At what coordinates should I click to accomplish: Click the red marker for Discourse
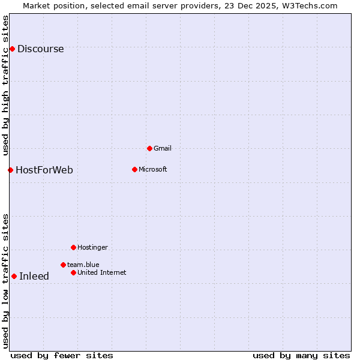click(x=12, y=49)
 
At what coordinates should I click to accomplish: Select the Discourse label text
click(x=40, y=49)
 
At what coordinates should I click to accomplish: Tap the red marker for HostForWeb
click(x=10, y=170)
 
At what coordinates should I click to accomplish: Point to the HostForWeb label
click(x=44, y=170)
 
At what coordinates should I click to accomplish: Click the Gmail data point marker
click(x=149, y=148)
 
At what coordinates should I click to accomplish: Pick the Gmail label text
click(x=163, y=148)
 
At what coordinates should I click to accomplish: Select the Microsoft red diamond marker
click(x=134, y=169)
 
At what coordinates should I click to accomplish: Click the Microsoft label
click(x=153, y=169)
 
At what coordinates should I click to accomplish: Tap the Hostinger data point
click(x=73, y=247)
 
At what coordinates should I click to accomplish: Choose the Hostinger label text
click(x=92, y=247)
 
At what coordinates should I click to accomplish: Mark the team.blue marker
click(x=63, y=265)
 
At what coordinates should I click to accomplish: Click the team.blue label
click(x=83, y=265)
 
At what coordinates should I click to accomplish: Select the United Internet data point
click(x=73, y=272)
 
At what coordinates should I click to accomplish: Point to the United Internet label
click(x=102, y=272)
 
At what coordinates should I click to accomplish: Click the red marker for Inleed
click(x=14, y=276)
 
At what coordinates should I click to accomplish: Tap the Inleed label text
click(x=34, y=277)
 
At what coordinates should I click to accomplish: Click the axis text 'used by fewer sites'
click(x=62, y=355)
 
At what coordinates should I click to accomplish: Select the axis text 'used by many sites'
click(x=301, y=355)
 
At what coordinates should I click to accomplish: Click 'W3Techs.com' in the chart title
click(x=311, y=5)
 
